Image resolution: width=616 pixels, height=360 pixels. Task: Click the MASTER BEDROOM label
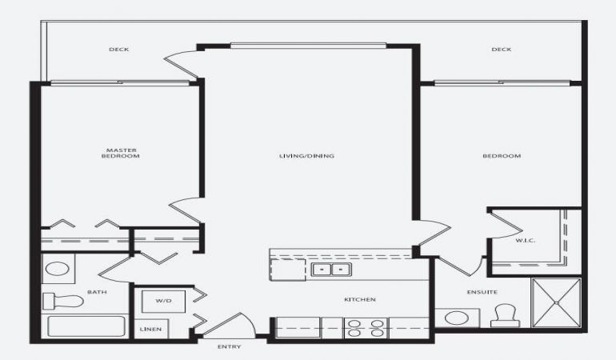tap(121, 153)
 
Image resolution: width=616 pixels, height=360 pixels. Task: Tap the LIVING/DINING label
tap(306, 156)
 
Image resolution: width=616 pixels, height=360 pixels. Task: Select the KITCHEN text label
tap(360, 299)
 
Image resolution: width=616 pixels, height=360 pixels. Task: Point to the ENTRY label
tap(229, 346)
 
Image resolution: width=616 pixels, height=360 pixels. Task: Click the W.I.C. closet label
tap(526, 241)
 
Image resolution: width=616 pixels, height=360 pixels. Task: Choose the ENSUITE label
tap(482, 292)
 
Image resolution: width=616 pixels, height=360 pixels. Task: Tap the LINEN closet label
tap(150, 329)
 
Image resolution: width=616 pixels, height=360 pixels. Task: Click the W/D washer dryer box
tap(163, 302)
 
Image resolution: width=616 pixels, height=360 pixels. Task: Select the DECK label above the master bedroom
tap(118, 49)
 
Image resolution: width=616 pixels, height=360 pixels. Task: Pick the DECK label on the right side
tap(502, 49)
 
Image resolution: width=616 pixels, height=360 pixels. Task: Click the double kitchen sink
tap(331, 270)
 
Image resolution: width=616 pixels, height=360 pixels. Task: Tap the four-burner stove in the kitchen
tap(366, 328)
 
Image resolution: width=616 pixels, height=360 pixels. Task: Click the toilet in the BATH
tap(63, 301)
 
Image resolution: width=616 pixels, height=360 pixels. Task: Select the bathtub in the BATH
tap(86, 326)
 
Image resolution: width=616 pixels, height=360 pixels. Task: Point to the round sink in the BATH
tap(58, 270)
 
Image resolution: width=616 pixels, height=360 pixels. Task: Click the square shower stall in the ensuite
tap(556, 302)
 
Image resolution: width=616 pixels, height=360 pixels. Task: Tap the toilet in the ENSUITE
tap(505, 315)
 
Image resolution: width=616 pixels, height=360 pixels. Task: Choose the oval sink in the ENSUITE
tap(457, 318)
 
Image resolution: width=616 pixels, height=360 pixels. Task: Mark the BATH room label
tap(97, 292)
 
